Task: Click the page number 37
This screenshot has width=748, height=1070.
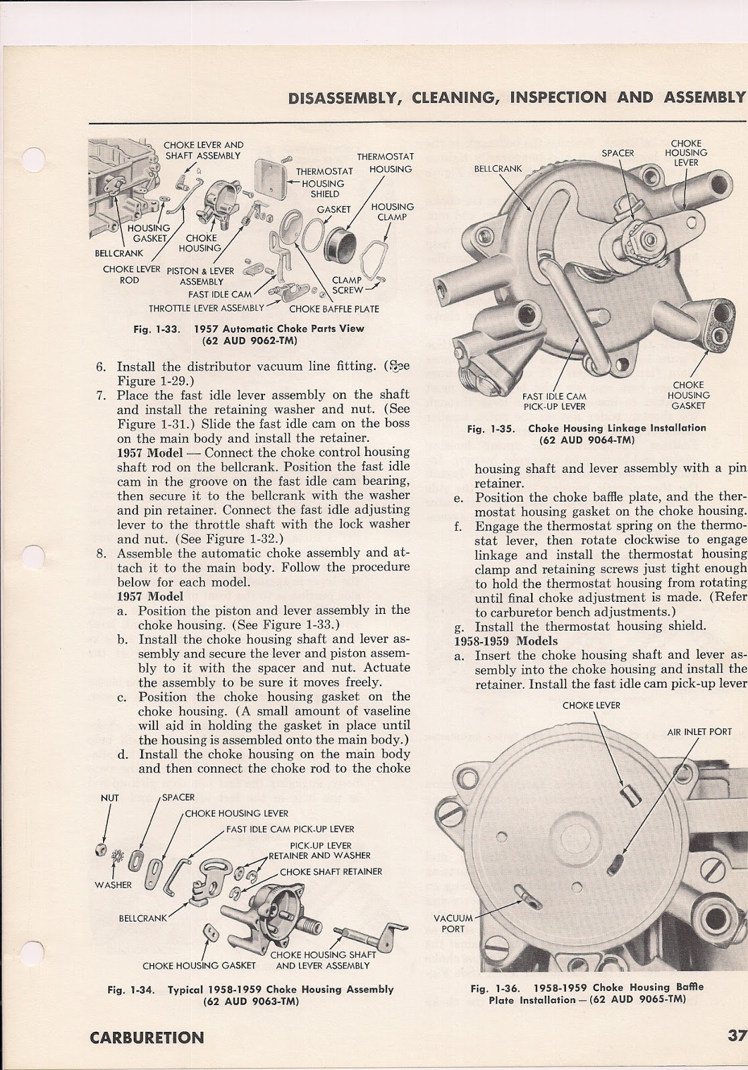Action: [736, 1037]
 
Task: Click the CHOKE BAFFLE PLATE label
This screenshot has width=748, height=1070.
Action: [334, 309]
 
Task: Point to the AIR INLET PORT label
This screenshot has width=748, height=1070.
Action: [699, 732]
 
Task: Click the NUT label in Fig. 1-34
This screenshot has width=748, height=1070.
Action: [109, 798]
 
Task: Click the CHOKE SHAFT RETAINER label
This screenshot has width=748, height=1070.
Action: [331, 871]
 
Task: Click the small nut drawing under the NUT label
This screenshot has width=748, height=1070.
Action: [98, 848]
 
